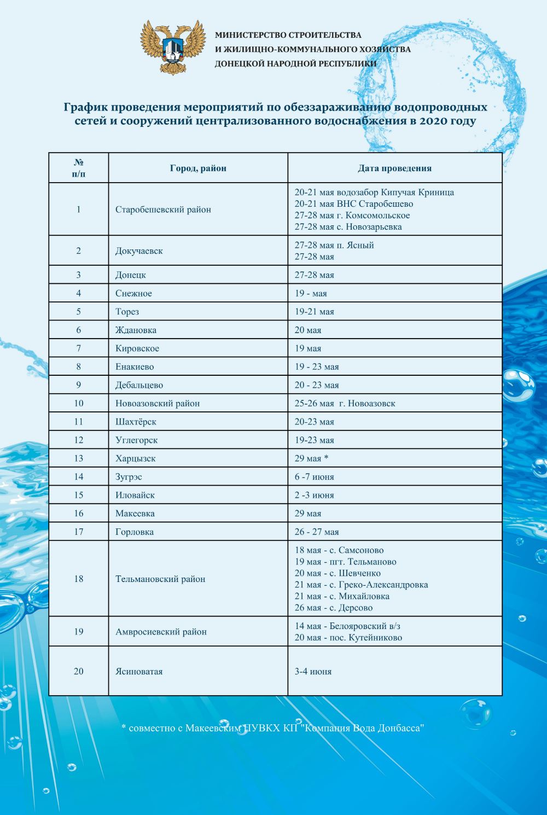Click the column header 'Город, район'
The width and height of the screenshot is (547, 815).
[x=198, y=168]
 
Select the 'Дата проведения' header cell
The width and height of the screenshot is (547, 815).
[x=394, y=168]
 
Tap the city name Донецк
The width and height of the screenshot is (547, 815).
[x=130, y=275]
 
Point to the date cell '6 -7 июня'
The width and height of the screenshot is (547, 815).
[x=314, y=477]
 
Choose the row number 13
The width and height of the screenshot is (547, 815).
[x=79, y=458]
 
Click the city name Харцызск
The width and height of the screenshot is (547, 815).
[x=135, y=458]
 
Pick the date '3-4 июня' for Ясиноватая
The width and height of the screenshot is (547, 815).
[x=313, y=672]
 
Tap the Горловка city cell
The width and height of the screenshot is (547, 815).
[x=134, y=532]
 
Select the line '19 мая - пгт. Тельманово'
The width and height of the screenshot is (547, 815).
[x=345, y=562]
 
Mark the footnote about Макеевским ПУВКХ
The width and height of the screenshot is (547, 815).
[x=273, y=728]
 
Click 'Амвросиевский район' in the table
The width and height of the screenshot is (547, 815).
[x=161, y=632]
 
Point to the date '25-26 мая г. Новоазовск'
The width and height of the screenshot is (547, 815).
[x=345, y=404]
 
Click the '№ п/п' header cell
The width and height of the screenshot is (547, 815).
[x=79, y=168]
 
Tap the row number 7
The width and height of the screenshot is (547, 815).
[x=79, y=348]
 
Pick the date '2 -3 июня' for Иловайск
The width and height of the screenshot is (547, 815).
[x=314, y=495]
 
